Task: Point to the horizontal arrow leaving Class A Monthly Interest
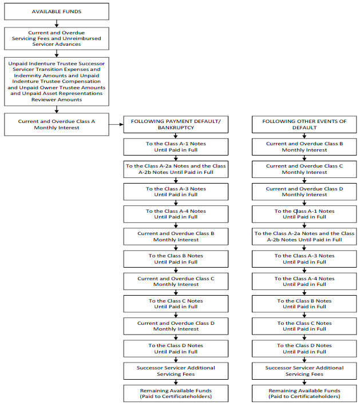click(116, 124)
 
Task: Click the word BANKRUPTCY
click(176, 128)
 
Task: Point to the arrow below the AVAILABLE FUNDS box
click(57, 23)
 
